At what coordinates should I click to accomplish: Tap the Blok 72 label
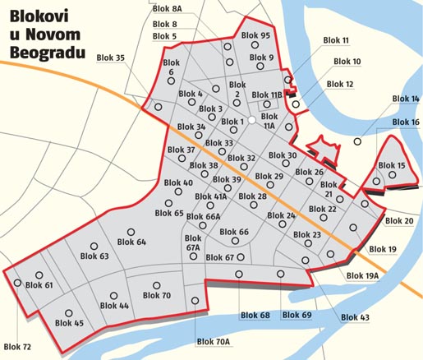point(18,346)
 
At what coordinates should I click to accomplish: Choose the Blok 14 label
point(406,99)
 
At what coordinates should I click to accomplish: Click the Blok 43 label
point(354,317)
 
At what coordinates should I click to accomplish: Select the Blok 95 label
point(255,36)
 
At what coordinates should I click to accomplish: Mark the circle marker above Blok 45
point(70,313)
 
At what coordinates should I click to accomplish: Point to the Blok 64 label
point(131,242)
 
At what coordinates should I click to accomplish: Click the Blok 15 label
point(390,165)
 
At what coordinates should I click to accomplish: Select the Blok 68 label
point(255,316)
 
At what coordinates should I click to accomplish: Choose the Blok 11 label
point(336,40)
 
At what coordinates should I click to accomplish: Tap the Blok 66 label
point(232,232)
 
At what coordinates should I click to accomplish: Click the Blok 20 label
point(398,221)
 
